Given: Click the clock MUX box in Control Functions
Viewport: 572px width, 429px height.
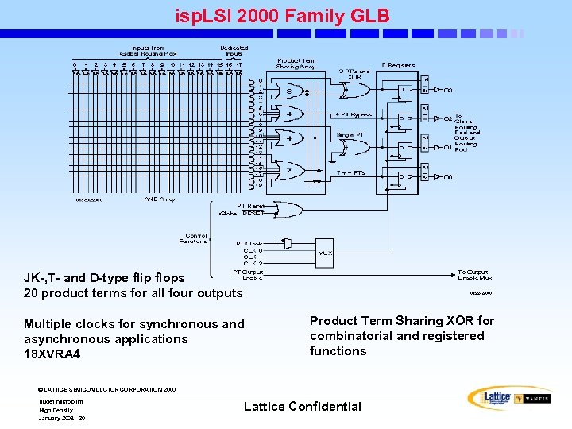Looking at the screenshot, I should pyautogui.click(x=324, y=253).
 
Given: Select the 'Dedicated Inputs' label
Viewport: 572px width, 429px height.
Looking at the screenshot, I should pyautogui.click(x=234, y=51).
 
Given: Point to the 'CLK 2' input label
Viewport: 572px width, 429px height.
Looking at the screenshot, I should pyautogui.click(x=253, y=264).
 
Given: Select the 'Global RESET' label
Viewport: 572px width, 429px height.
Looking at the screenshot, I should pyautogui.click(x=242, y=214).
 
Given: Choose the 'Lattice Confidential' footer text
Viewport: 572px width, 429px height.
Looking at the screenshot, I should pyautogui.click(x=303, y=407).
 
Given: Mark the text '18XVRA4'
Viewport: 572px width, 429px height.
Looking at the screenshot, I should pyautogui.click(x=52, y=354).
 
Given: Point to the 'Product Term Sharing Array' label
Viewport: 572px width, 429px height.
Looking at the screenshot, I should pyautogui.click(x=296, y=64).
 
